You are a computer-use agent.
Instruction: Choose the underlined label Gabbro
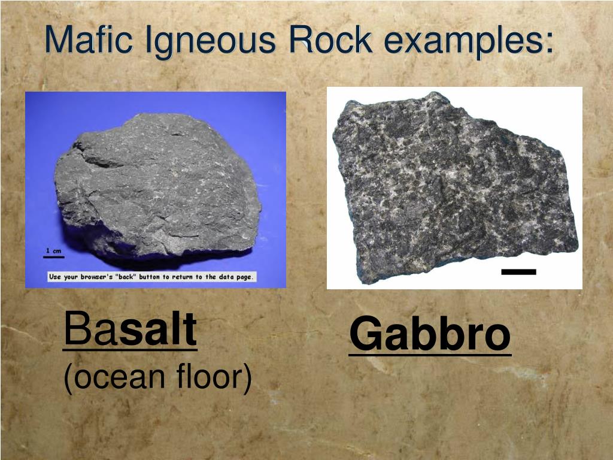point(430,335)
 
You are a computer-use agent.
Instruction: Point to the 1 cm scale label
point(54,250)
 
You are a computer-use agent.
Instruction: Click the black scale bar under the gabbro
point(518,272)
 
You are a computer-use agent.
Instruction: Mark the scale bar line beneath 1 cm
point(53,258)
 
